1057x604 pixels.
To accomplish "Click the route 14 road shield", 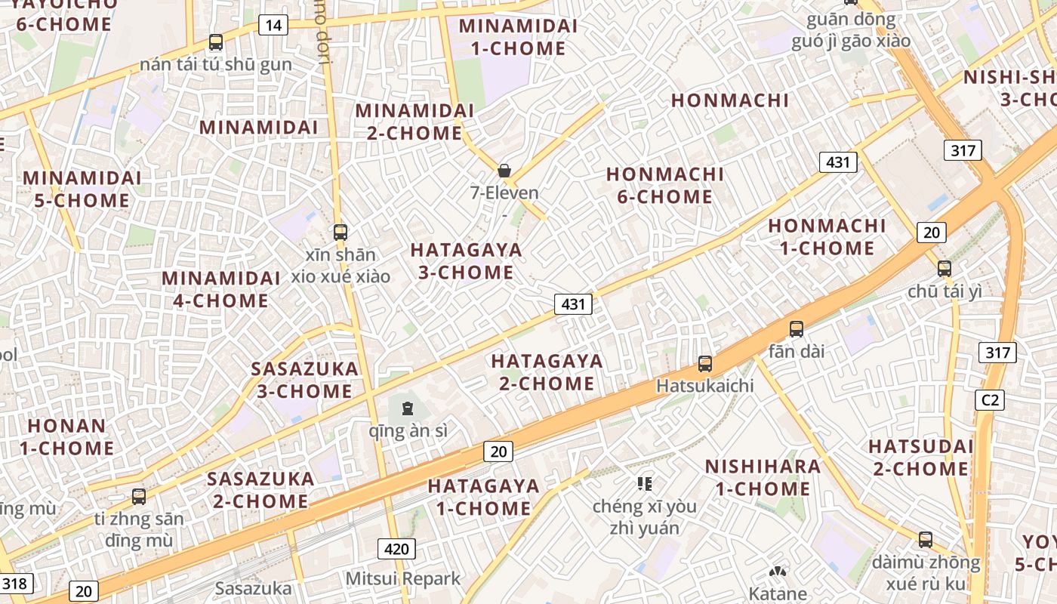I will coord(273,26).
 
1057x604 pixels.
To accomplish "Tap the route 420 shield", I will coord(396,549).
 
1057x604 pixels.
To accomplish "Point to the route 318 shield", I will coord(14,583).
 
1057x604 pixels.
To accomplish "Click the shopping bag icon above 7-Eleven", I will coord(504,171).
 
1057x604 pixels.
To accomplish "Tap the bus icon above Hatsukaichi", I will coord(705,364).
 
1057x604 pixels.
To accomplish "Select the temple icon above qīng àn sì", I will coord(408,409).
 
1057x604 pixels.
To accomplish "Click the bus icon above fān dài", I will coord(797,329).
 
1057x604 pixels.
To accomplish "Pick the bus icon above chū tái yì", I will coord(945,268).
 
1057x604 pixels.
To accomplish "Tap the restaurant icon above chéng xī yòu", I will coord(644,483).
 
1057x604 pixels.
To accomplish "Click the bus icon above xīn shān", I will coord(341,232).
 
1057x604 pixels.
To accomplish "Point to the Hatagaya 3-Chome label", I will coord(466,260).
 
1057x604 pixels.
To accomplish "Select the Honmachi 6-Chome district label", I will coord(664,186).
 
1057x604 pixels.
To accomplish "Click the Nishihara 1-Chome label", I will coord(763,477).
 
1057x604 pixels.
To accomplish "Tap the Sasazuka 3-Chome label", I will coord(304,380).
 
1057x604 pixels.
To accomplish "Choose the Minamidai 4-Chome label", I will coord(220,289).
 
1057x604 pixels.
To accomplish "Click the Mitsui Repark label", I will coord(402,579).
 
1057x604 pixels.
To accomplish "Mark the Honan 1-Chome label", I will coord(66,436).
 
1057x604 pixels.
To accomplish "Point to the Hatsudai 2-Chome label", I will coord(921,458).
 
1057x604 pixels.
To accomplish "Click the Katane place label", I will coord(778,593).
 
